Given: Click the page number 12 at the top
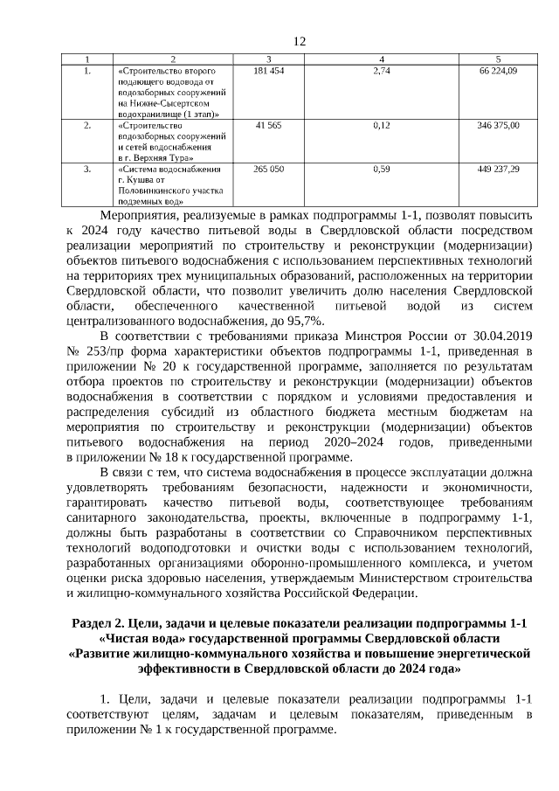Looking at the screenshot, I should coord(300,41).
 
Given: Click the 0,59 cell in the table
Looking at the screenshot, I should coord(380,168).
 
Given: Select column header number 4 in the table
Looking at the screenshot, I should coord(380,58).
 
